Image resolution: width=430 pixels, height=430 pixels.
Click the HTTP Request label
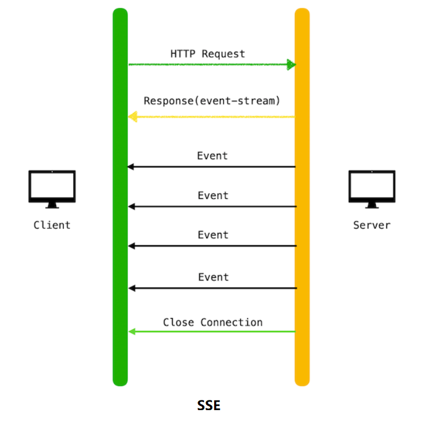click(x=207, y=54)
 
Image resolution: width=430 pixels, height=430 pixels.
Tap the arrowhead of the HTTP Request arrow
click(x=291, y=65)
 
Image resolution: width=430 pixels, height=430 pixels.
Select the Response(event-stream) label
click(x=212, y=101)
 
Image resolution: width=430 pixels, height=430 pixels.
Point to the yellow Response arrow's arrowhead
click(x=133, y=117)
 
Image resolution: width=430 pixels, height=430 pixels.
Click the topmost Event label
click(x=212, y=156)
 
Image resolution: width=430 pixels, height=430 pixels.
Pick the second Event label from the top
click(x=213, y=195)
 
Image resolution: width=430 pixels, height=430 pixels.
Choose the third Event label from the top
click(x=213, y=235)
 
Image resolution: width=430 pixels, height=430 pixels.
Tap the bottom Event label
click(x=213, y=277)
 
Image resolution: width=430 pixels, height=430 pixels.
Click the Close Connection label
click(x=212, y=323)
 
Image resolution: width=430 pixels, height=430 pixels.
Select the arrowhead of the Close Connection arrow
click(x=132, y=331)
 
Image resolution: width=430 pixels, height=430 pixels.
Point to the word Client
click(x=52, y=225)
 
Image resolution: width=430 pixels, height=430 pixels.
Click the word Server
click(x=372, y=225)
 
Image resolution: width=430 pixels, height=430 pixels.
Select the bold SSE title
click(x=208, y=406)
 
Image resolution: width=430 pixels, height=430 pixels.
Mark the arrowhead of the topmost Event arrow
click(x=131, y=167)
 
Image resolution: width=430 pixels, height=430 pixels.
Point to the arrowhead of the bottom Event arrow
click(x=132, y=289)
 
